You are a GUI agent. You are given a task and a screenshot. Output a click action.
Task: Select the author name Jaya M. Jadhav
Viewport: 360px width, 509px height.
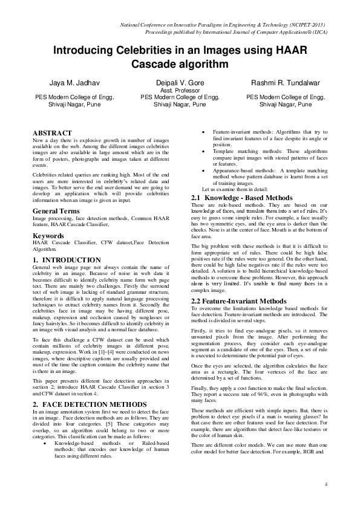click(62, 82)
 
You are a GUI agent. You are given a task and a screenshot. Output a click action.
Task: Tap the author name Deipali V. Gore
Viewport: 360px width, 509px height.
click(180, 82)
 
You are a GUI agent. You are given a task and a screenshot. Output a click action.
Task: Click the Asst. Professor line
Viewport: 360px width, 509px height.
click(180, 89)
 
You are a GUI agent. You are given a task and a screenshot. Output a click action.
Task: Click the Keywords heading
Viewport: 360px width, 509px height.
click(48, 235)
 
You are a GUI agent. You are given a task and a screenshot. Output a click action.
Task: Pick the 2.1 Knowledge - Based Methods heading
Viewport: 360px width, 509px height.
click(241, 198)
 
